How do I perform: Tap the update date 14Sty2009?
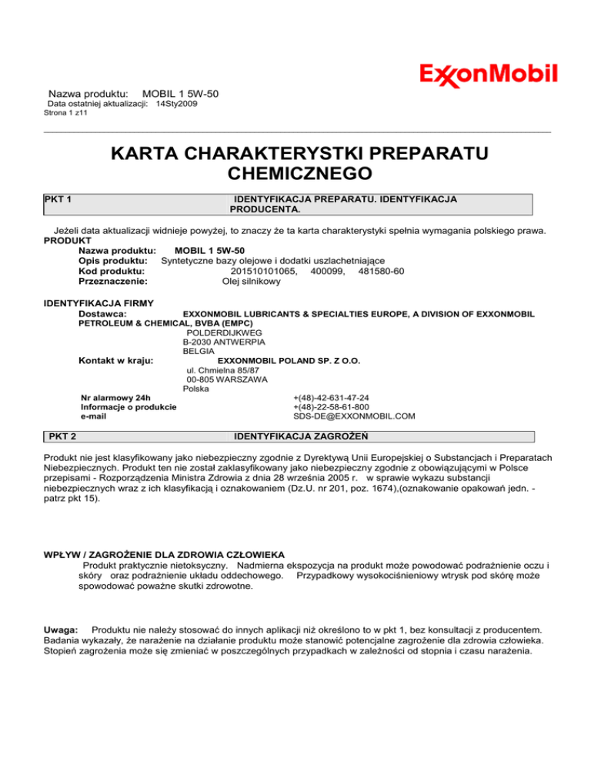[x=176, y=103]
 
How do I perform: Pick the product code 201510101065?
[x=264, y=271]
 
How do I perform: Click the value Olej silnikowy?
[x=252, y=282]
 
